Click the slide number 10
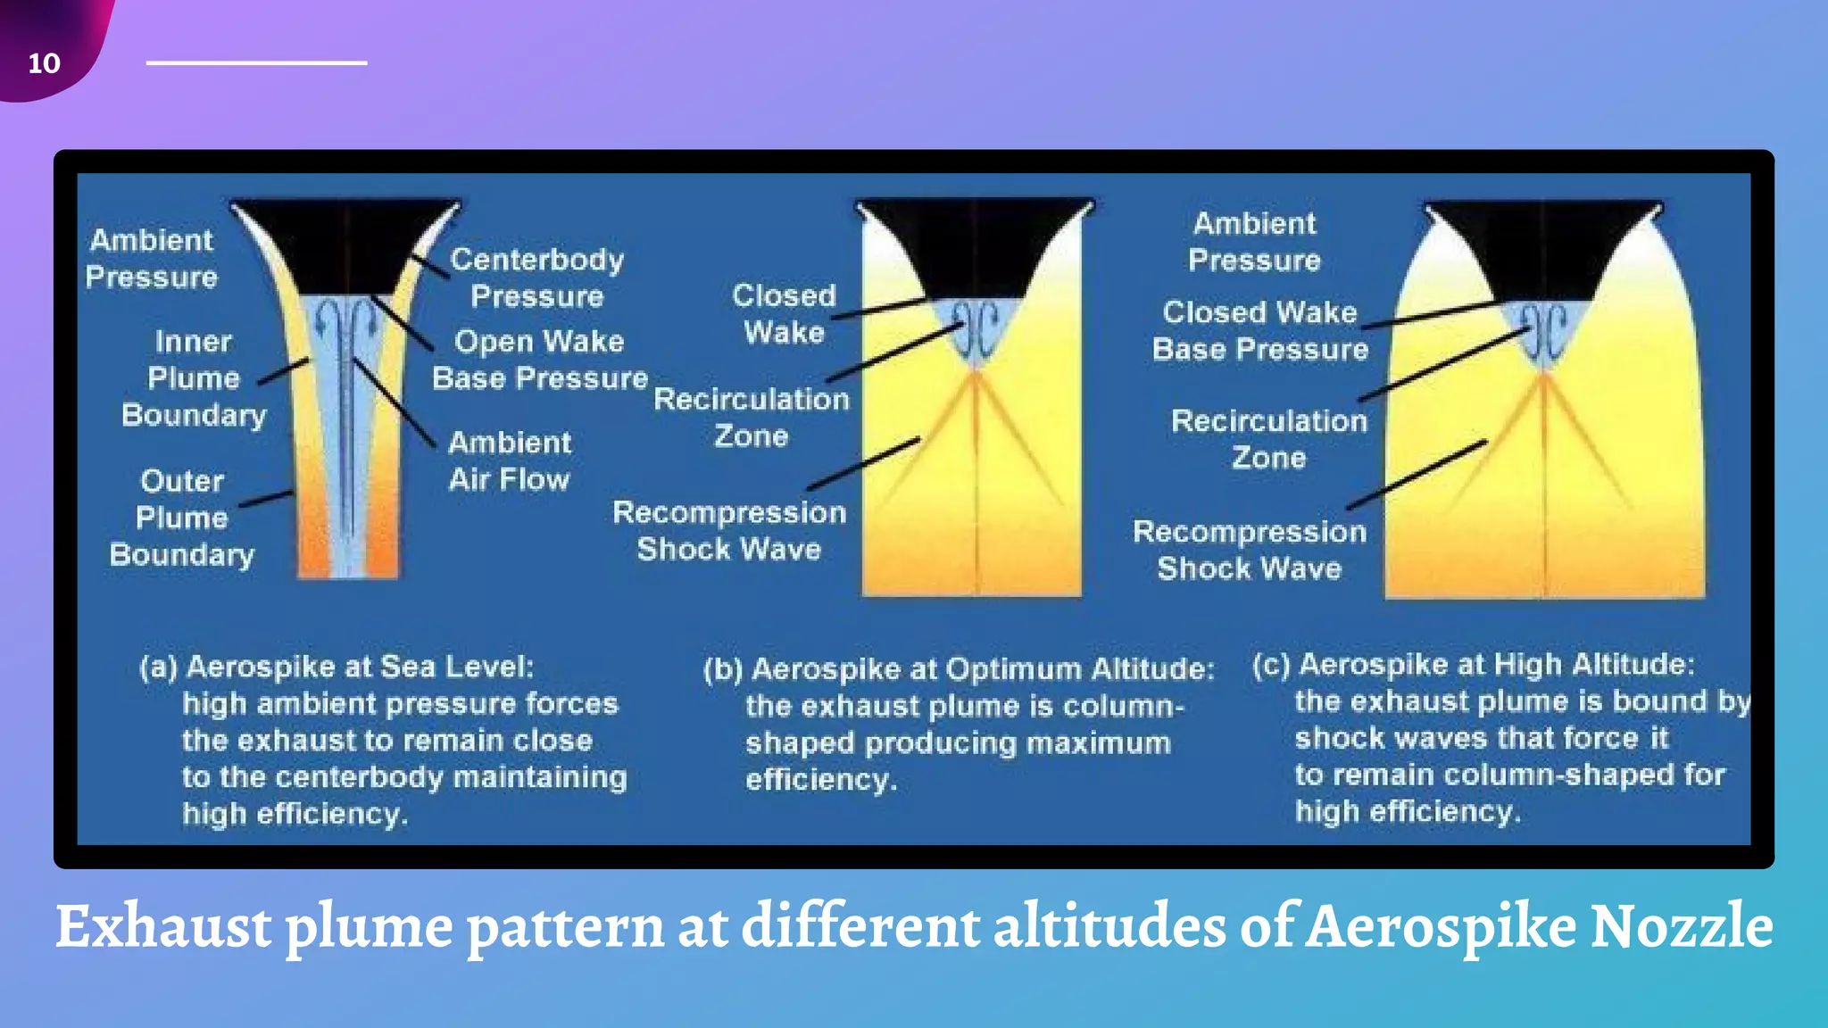click(44, 63)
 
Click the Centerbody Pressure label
click(536, 278)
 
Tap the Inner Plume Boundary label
click(194, 378)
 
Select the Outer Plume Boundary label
click(182, 518)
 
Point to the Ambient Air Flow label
click(510, 460)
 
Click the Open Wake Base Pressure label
click(539, 360)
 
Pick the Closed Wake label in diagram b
click(784, 313)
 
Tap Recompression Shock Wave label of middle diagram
click(729, 530)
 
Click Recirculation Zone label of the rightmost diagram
click(1268, 439)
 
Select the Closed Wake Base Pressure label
click(1259, 330)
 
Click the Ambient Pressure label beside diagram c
click(1254, 241)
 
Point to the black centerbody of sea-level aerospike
click(345, 245)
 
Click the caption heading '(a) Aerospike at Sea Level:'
click(337, 667)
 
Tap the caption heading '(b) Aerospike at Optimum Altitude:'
click(959, 668)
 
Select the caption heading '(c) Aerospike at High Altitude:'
click(1473, 665)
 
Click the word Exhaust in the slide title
click(162, 926)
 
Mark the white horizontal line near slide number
click(256, 62)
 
